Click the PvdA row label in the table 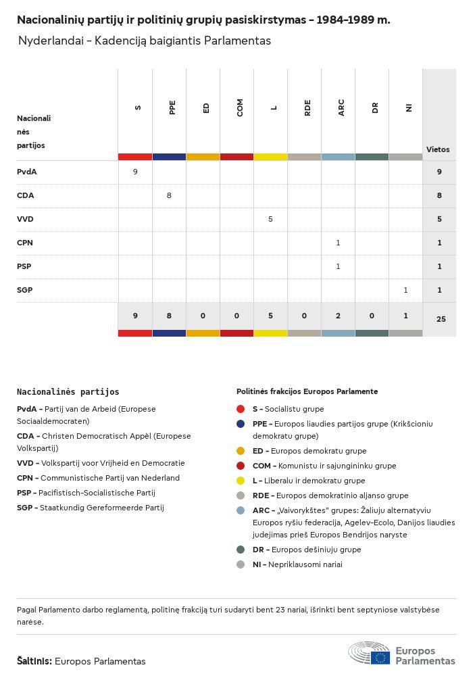[x=27, y=172]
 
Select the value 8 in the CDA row [x=169, y=195]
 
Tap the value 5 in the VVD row [x=270, y=219]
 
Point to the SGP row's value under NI [x=405, y=290]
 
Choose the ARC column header [x=341, y=108]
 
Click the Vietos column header [x=438, y=149]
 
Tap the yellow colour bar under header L [x=270, y=157]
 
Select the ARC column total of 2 [x=338, y=315]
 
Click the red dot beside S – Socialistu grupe [x=241, y=409]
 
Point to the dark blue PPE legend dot [x=241, y=424]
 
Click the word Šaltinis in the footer [x=34, y=661]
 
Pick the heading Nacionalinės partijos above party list [x=68, y=391]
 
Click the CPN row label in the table [x=25, y=243]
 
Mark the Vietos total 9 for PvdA [x=439, y=172]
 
